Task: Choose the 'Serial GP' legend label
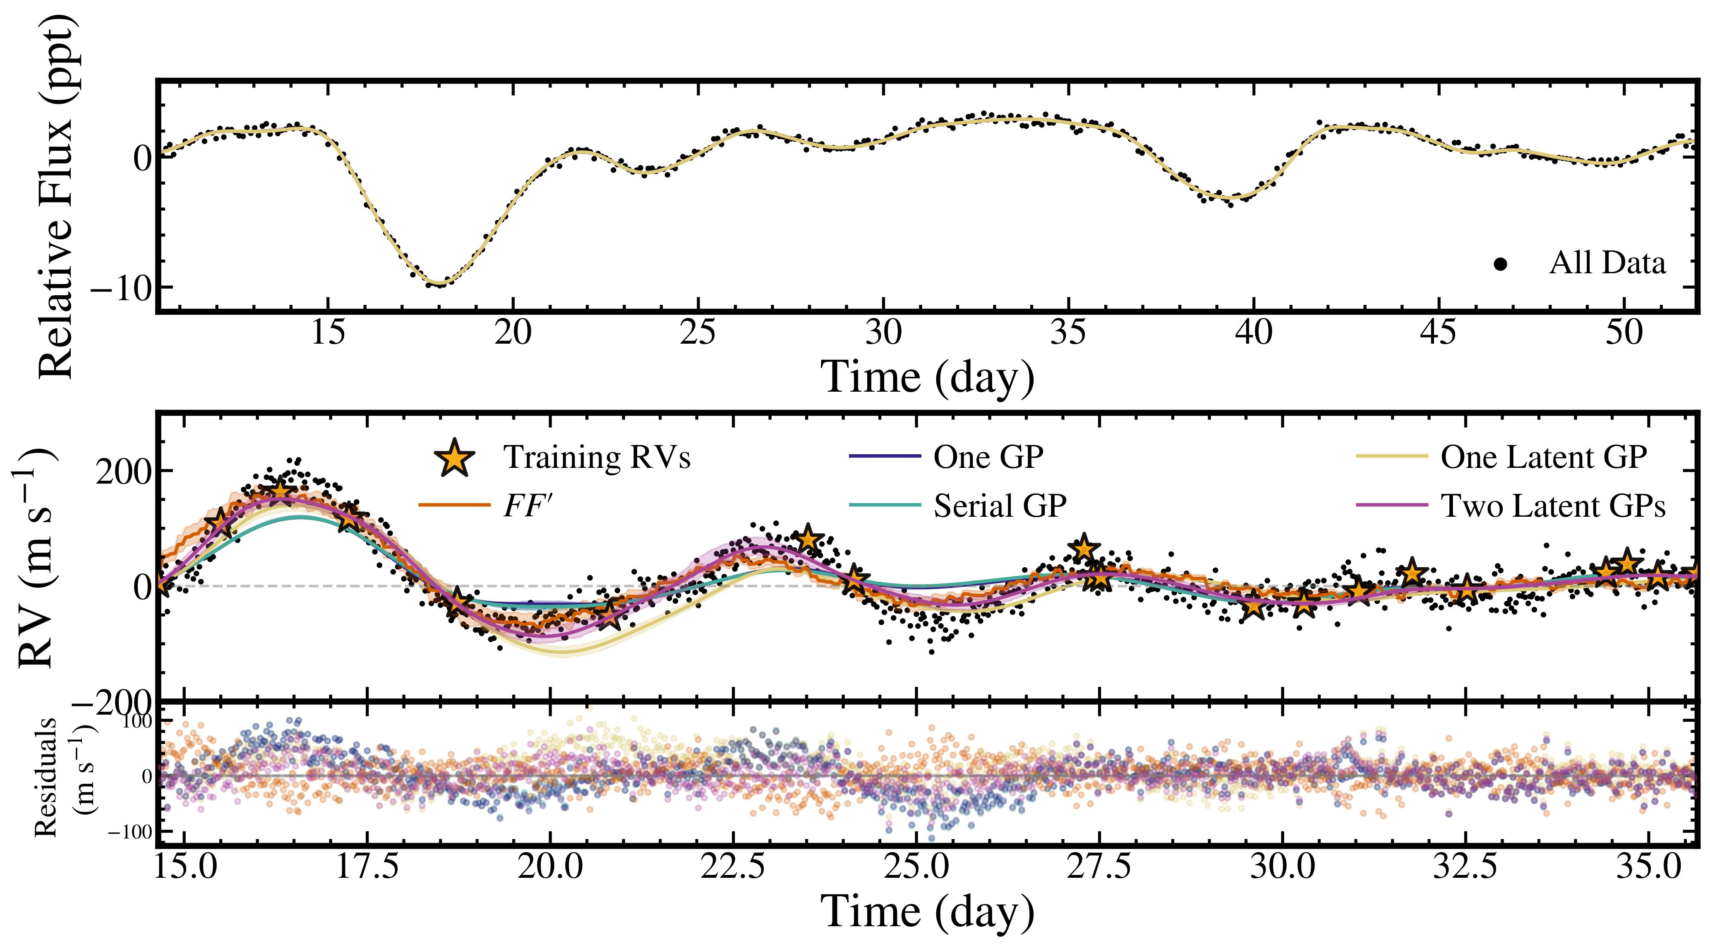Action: click(1000, 506)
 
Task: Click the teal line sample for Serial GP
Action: click(885, 506)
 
